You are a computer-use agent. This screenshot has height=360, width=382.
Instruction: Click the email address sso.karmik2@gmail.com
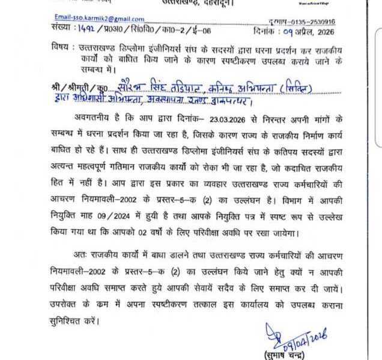click(x=99, y=19)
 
